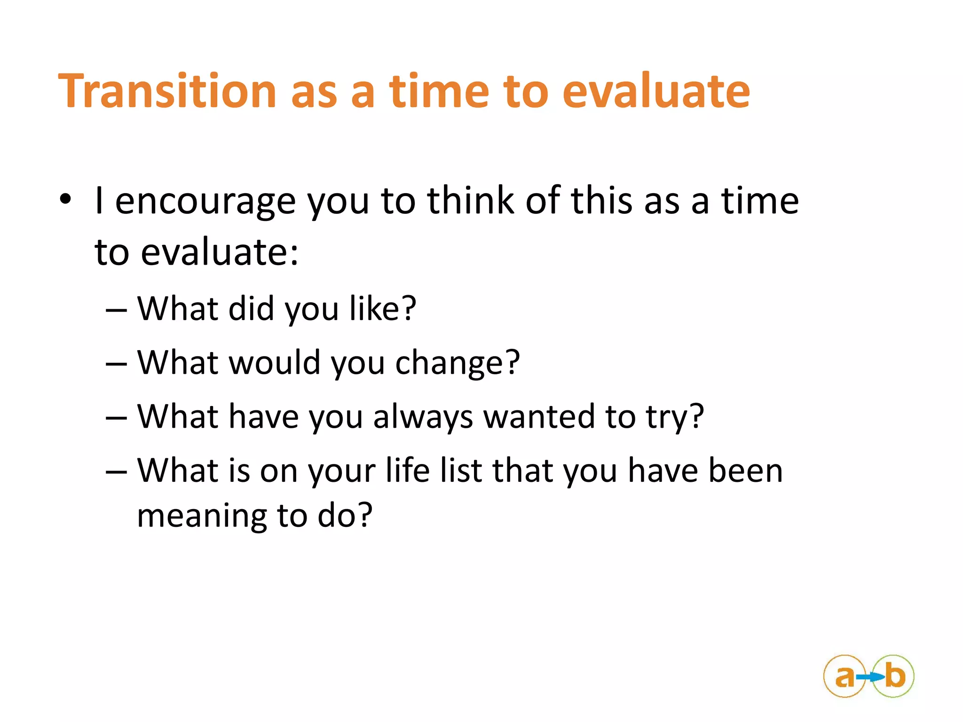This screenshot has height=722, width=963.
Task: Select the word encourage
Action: point(205,202)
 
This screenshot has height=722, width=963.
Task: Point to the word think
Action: point(470,201)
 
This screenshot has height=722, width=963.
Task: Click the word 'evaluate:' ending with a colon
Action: point(219,252)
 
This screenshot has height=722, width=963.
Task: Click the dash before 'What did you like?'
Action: point(116,311)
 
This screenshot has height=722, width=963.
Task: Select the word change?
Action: point(457,363)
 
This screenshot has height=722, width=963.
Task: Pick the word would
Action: point(275,363)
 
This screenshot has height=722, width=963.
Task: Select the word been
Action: point(745,471)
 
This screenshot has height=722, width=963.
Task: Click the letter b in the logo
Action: point(895,676)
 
